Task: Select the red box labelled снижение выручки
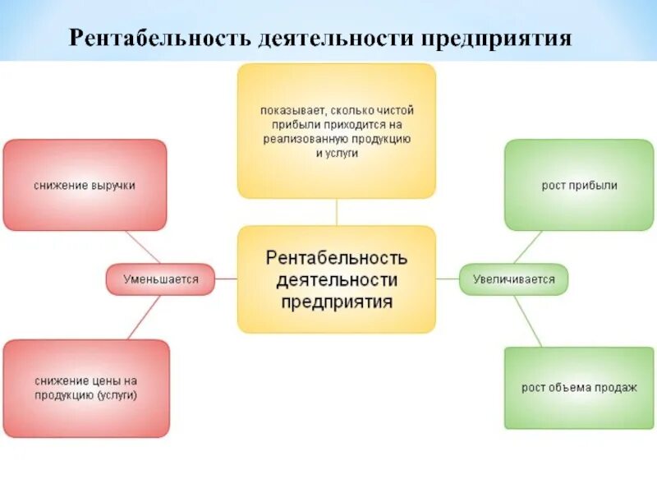(85, 185)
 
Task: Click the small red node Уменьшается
(161, 279)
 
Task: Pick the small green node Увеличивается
(513, 279)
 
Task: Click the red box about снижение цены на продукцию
(86, 389)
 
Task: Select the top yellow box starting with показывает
(337, 131)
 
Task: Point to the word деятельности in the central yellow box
(337, 280)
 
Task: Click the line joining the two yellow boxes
(337, 212)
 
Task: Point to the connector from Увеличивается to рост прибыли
(528, 247)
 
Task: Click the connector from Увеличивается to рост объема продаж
(527, 320)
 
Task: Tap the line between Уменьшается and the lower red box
(145, 316)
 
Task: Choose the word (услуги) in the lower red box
(117, 395)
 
